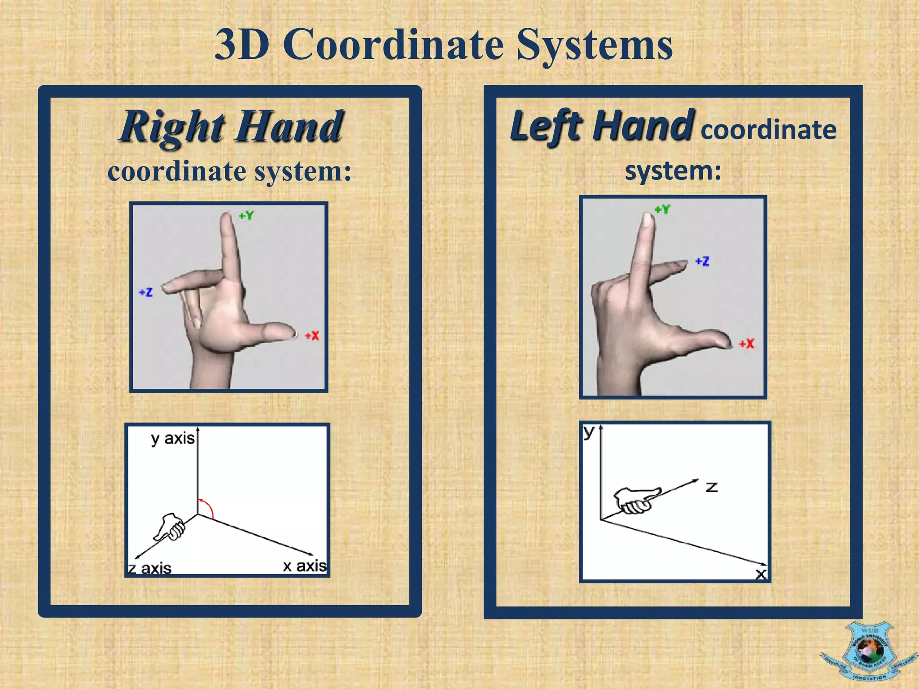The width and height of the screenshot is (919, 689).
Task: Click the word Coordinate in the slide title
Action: click(x=393, y=45)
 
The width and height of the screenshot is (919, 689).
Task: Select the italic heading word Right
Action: click(x=173, y=127)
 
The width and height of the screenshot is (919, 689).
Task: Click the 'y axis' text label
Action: click(x=173, y=438)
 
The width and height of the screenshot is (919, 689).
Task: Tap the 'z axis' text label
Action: click(x=150, y=568)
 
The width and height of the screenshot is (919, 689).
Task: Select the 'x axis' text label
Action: click(x=305, y=566)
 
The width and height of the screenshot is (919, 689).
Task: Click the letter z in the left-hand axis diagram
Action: click(x=712, y=487)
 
